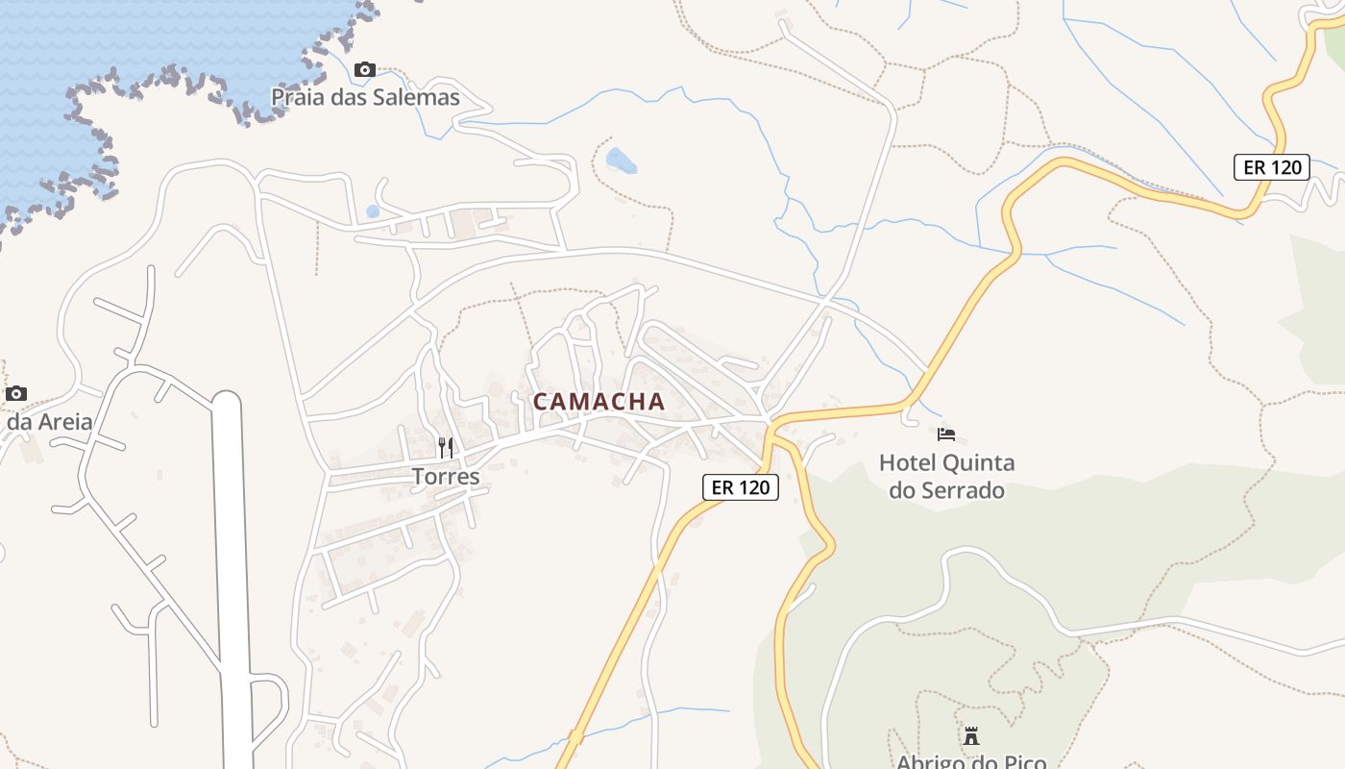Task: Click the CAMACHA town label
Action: (599, 402)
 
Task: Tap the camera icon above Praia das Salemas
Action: (365, 69)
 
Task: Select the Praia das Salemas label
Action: (365, 97)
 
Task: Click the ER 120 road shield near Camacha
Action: (740, 487)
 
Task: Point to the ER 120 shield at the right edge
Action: (1272, 167)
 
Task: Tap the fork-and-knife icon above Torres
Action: (445, 448)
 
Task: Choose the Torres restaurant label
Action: (445, 476)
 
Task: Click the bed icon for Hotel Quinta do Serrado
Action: (946, 434)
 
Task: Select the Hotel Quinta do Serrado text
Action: (946, 477)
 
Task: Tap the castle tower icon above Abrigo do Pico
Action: (971, 736)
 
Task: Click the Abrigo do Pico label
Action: (971, 761)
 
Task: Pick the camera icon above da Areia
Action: (16, 393)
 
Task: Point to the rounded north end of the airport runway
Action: (227, 399)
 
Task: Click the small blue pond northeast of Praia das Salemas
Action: (621, 161)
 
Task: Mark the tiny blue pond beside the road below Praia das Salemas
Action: (373, 211)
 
